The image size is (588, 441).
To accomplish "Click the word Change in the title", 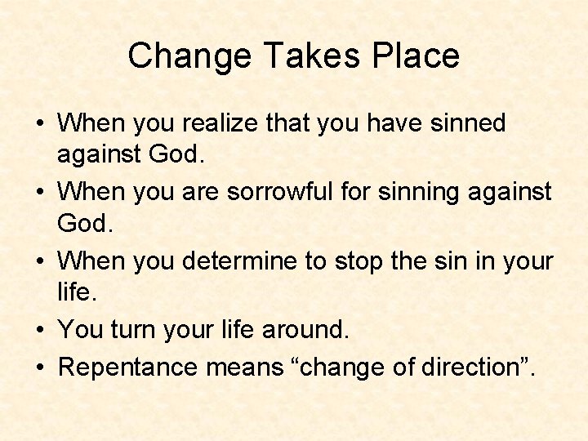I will click(x=176, y=56).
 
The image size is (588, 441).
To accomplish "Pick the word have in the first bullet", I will click(x=386, y=123).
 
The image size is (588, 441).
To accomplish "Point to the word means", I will click(x=244, y=367).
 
